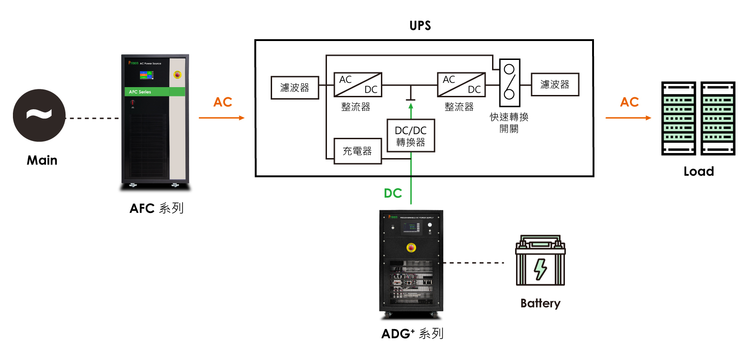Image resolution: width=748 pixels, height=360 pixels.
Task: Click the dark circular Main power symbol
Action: (x=39, y=115)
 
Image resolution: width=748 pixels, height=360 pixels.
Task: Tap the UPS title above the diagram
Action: (x=420, y=26)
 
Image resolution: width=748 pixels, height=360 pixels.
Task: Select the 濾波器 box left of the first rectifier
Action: (x=295, y=88)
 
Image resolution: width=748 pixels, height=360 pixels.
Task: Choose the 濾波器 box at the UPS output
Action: (x=555, y=84)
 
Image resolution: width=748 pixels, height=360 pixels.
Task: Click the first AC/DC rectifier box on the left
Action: (x=358, y=84)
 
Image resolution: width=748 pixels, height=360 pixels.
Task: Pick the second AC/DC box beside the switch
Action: (x=461, y=84)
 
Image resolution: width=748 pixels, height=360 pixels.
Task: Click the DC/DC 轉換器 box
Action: (x=410, y=136)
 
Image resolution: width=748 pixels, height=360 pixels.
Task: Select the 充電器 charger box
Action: (x=357, y=151)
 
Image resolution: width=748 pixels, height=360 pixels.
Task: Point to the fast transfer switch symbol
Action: (x=510, y=83)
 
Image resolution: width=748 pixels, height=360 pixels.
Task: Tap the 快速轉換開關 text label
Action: (x=509, y=123)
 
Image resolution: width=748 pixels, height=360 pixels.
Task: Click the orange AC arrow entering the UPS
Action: (x=221, y=118)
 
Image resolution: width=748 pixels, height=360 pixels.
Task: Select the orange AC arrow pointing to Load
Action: (x=628, y=118)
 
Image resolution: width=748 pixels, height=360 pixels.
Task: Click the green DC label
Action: (x=393, y=193)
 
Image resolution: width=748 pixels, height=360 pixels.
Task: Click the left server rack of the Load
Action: (x=678, y=118)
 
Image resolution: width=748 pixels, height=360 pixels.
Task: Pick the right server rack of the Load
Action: (x=718, y=118)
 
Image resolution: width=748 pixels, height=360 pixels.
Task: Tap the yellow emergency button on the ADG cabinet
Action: (x=411, y=248)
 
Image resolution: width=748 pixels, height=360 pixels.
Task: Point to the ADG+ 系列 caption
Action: (x=412, y=333)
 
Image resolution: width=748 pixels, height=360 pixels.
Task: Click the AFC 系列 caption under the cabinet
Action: (x=156, y=208)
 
